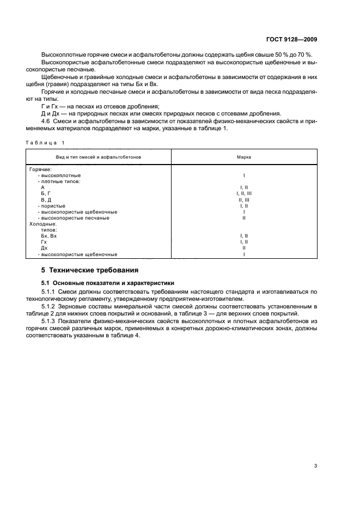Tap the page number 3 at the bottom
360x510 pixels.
315,465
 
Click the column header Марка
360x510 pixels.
243,156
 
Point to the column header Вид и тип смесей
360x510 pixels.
99,156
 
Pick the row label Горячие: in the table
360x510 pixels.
40,169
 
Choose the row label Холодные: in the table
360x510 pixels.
42,224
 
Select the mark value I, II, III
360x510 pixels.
243,193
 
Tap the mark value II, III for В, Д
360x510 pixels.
243,199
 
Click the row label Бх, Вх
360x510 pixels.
49,236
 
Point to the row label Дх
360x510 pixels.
44,248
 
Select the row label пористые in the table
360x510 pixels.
53,205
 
